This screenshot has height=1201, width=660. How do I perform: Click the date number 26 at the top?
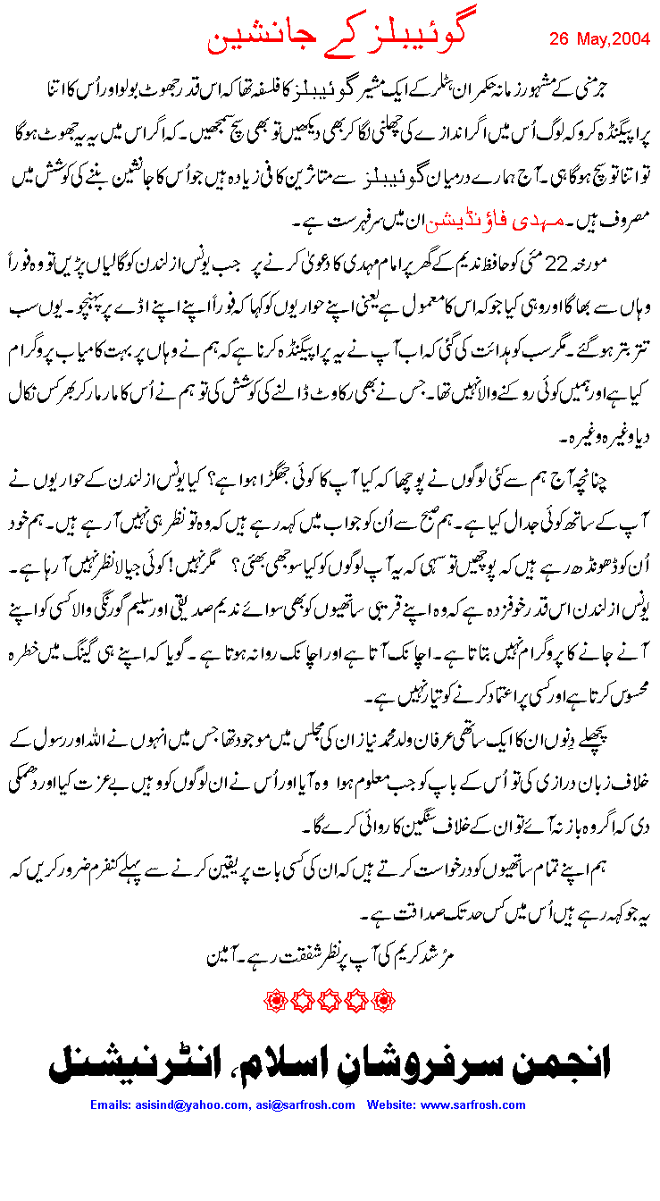pos(559,40)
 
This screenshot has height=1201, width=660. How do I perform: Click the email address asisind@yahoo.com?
pos(196,1105)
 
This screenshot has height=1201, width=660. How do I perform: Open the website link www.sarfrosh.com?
pos(473,1105)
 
